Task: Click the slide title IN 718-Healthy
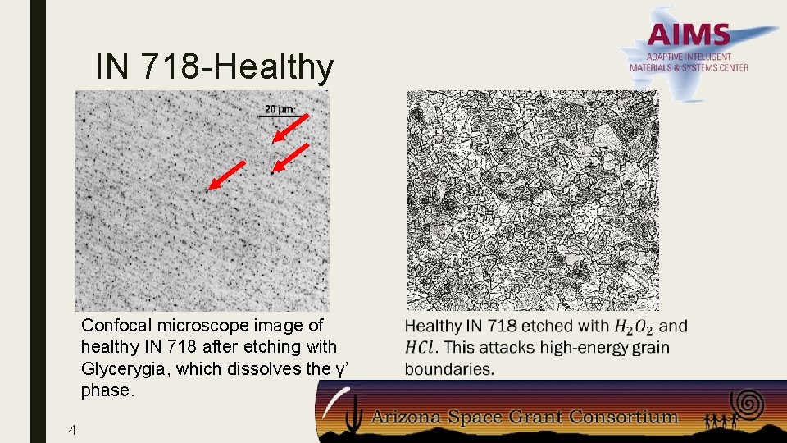pos(214,66)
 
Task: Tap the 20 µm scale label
pos(279,109)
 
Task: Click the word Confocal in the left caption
pos(112,326)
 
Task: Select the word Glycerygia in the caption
pos(125,369)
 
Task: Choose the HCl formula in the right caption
pos(421,348)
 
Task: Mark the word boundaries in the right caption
pos(449,369)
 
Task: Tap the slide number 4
pos(73,429)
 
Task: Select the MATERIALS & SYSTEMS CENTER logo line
pos(689,68)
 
